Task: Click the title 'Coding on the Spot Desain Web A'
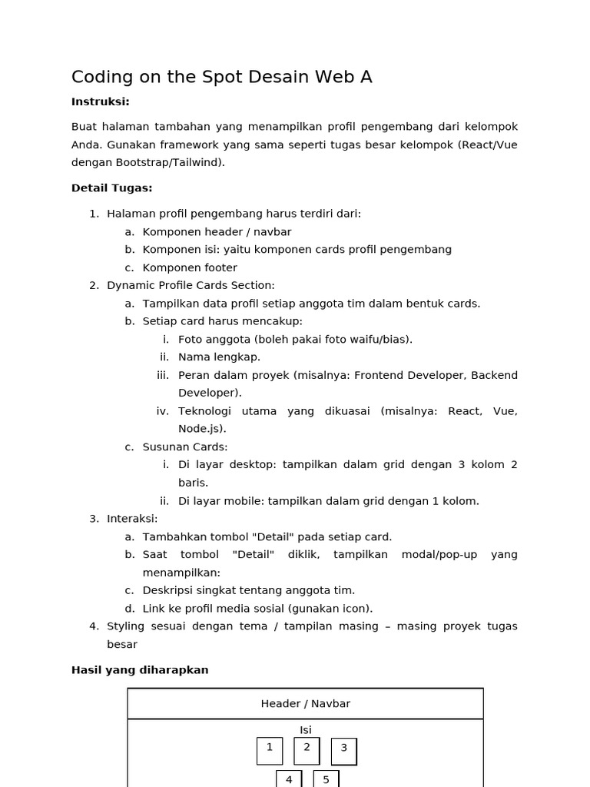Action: tap(221, 77)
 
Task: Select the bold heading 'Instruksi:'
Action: tap(101, 101)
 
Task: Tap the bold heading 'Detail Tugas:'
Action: tap(111, 188)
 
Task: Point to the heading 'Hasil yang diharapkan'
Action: tap(140, 669)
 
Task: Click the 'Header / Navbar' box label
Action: tap(305, 703)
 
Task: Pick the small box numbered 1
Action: tap(270, 750)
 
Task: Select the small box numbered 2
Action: tap(307, 750)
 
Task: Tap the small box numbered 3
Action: tap(343, 751)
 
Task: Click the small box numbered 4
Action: tap(289, 779)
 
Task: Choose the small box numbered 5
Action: tap(326, 779)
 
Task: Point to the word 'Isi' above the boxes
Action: tap(306, 730)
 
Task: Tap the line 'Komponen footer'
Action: tap(190, 267)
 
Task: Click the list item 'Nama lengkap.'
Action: tap(219, 357)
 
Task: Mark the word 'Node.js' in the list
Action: tap(201, 429)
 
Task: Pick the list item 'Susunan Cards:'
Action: tap(185, 447)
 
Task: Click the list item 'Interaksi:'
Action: tap(132, 519)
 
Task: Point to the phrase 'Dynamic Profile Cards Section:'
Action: tap(191, 285)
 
